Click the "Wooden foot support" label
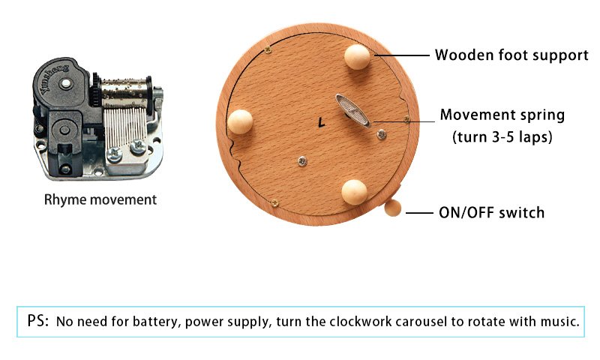pyautogui.click(x=511, y=55)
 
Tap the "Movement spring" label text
pyautogui.click(x=502, y=115)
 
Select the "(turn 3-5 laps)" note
pyautogui.click(x=502, y=138)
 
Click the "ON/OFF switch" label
pyautogui.click(x=491, y=213)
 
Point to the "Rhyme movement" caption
pyautogui.click(x=100, y=199)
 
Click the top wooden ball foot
pyautogui.click(x=356, y=55)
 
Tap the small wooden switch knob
pyautogui.click(x=394, y=208)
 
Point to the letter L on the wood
pyautogui.click(x=321, y=120)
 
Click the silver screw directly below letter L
pyautogui.click(x=301, y=159)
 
